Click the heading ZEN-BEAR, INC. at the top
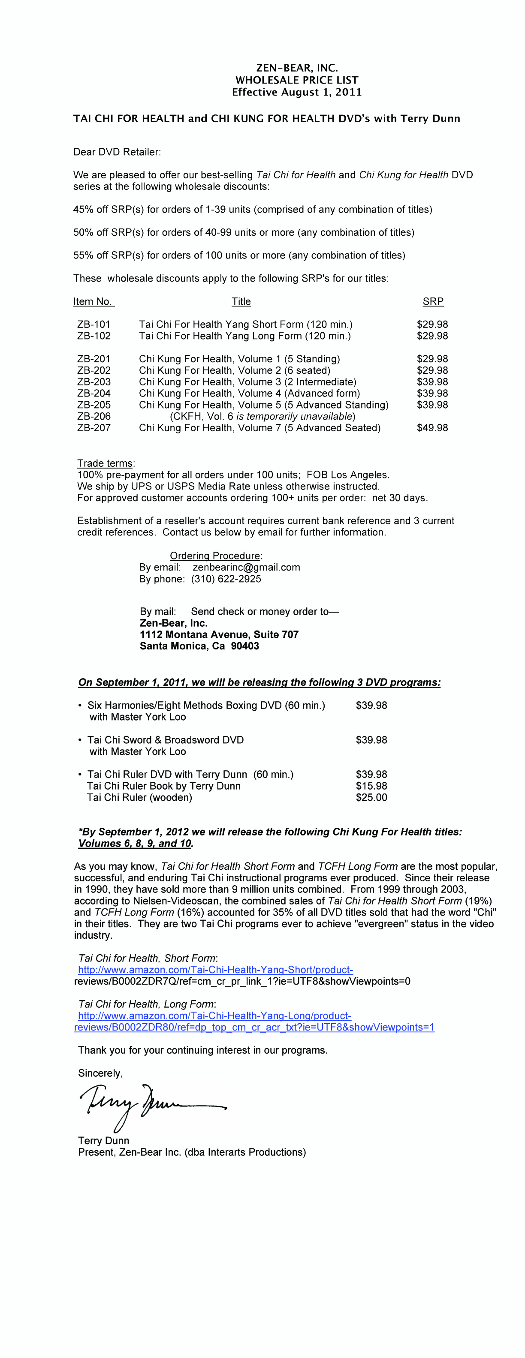click(296, 68)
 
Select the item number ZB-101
click(94, 324)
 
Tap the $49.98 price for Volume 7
click(432, 427)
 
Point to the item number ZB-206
click(94, 416)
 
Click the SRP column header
click(433, 301)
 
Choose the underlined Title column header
click(241, 301)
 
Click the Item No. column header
click(93, 301)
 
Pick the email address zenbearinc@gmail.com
click(246, 567)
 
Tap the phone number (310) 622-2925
click(226, 579)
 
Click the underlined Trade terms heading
click(105, 463)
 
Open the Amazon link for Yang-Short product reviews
click(215, 970)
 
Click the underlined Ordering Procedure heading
click(215, 556)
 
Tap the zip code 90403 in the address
click(245, 646)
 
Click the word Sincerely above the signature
click(100, 1073)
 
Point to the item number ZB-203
click(94, 382)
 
